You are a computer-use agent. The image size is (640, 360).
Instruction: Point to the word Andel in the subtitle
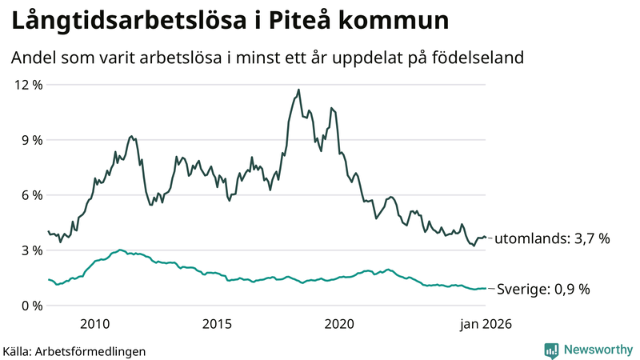(33, 58)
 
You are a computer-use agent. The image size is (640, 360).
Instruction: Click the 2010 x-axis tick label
(94, 324)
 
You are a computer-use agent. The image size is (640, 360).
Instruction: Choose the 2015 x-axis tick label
(217, 324)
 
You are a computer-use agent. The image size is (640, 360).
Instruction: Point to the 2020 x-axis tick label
(339, 324)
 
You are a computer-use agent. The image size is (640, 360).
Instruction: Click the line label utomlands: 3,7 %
(553, 238)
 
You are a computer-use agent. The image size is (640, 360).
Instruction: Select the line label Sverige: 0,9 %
(543, 289)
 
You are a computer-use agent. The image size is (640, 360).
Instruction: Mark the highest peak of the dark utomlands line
(298, 90)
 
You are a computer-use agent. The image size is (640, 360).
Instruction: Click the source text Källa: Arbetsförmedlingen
(74, 350)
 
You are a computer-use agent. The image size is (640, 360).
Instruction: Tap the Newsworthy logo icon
(551, 350)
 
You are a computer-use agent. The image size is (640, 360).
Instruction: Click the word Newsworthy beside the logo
(598, 350)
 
